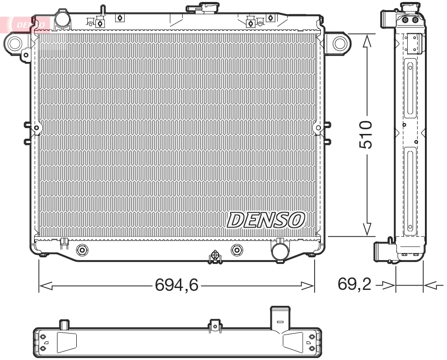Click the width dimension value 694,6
pyautogui.click(x=176, y=286)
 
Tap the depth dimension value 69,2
pyautogui.click(x=354, y=285)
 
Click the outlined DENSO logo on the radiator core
pyautogui.click(x=265, y=219)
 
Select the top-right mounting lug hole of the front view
pyautogui.click(x=340, y=44)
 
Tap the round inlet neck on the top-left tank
pyautogui.click(x=62, y=19)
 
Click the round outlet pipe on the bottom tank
pyautogui.click(x=280, y=251)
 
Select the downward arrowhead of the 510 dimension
pyautogui.click(x=367, y=229)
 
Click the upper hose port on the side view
pyautogui.click(x=387, y=21)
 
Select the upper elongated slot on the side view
pyautogui.click(x=410, y=88)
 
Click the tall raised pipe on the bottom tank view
pyautogui.click(x=280, y=320)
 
